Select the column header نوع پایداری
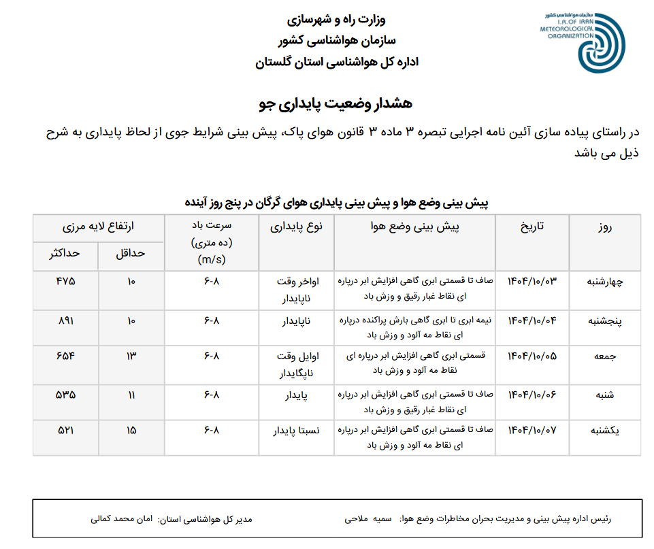296,227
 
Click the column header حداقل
131,253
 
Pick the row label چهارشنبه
604,282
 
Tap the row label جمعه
604,356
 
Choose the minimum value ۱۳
131,356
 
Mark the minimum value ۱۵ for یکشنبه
131,431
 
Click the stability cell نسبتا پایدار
296,431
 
